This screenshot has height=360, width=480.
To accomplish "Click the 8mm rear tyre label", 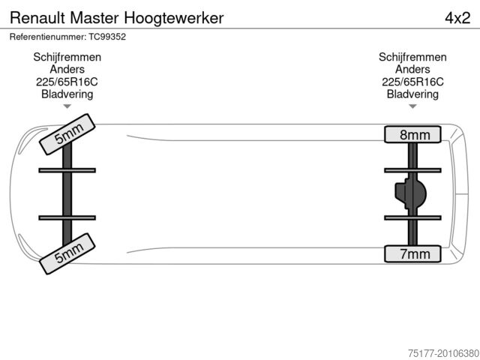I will click(x=414, y=135).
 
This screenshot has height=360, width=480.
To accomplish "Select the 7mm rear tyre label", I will click(x=414, y=254).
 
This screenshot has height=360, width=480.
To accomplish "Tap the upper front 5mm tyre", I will click(x=67, y=133).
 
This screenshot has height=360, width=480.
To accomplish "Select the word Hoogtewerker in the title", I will click(x=175, y=17).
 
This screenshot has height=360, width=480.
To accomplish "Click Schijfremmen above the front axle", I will click(x=67, y=57).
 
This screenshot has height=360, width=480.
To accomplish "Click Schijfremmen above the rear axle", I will click(x=412, y=57).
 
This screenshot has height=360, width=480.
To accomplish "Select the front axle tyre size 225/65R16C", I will click(x=67, y=82).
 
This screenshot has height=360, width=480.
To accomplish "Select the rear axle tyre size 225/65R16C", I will click(x=412, y=82).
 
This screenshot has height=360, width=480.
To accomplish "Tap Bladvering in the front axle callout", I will click(x=67, y=94).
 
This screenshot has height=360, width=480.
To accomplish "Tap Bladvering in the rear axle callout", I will click(x=412, y=94).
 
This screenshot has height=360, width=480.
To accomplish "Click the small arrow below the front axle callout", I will click(x=67, y=106).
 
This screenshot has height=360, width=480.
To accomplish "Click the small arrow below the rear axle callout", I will click(x=412, y=106).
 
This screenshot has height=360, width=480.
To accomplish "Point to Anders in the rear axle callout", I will click(x=412, y=70).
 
